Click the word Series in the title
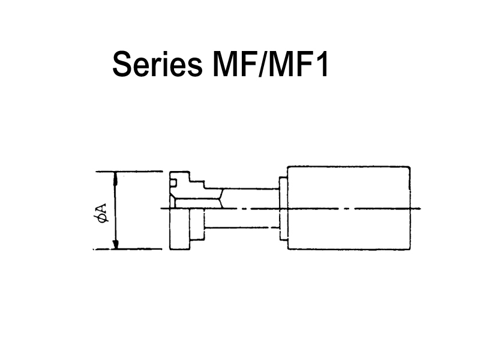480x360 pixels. click(158, 64)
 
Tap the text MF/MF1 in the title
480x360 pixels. click(271, 64)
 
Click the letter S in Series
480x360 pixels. click(122, 64)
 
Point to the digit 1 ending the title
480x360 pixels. click(322, 64)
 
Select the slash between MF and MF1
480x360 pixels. click(263, 64)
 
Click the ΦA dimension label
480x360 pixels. click(101, 212)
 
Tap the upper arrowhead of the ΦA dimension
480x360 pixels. click(115, 178)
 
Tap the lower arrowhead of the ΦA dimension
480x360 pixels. click(115, 244)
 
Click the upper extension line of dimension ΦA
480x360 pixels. click(129, 172)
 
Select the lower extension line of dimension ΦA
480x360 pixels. click(128, 249)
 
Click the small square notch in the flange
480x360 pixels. click(173, 183)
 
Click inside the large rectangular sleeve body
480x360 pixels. click(349, 208)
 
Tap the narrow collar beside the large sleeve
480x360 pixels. click(283, 208)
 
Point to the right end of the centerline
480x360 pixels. click(421, 208)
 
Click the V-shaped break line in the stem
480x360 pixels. click(223, 199)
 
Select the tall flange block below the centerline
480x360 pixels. click(180, 229)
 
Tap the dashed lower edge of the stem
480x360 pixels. click(242, 228)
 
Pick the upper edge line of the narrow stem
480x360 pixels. click(242, 189)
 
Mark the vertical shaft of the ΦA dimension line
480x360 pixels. click(115, 211)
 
